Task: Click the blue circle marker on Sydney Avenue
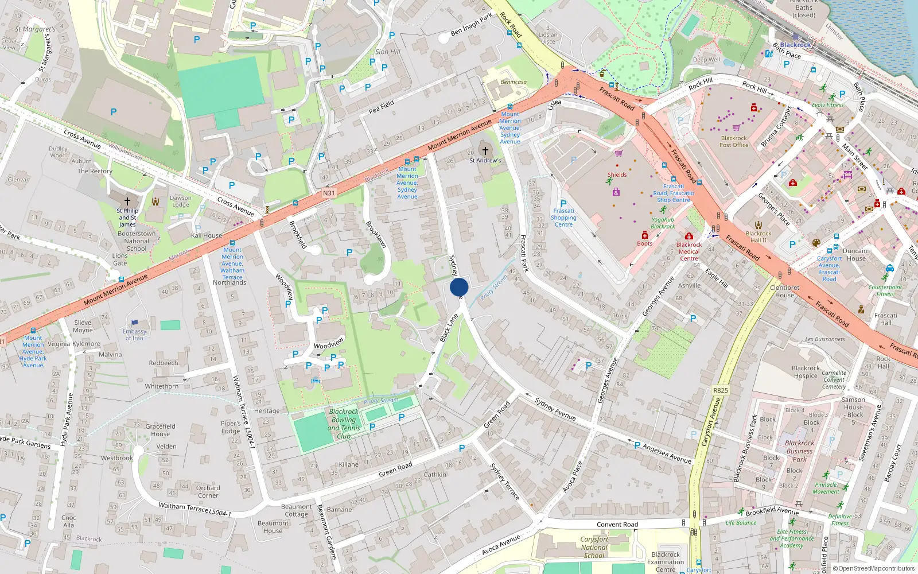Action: (x=459, y=287)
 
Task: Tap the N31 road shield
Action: (x=328, y=193)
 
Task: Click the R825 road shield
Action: (x=720, y=390)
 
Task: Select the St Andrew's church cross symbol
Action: (x=485, y=150)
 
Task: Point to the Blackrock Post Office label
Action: (x=734, y=142)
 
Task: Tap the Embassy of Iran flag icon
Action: (x=134, y=323)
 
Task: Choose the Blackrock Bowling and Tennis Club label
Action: (x=344, y=424)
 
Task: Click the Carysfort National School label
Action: (x=594, y=547)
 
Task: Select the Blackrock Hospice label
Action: (x=806, y=372)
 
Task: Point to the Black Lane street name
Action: (x=449, y=328)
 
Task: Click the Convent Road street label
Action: (x=617, y=524)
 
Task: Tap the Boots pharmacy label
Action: (x=644, y=243)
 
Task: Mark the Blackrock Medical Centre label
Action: (x=688, y=251)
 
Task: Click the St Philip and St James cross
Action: (x=127, y=201)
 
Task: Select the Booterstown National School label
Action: (x=136, y=241)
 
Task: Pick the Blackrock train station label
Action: (x=795, y=45)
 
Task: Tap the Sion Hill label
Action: (x=388, y=52)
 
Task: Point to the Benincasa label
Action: (x=514, y=82)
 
